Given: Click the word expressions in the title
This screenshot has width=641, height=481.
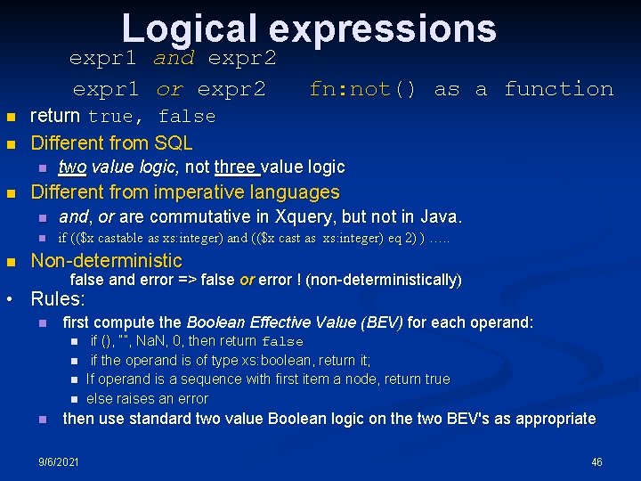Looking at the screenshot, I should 382,29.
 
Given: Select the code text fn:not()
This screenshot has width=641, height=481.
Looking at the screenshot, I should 362,89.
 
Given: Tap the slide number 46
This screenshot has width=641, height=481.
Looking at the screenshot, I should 596,462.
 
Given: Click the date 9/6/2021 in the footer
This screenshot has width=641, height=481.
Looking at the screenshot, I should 59,462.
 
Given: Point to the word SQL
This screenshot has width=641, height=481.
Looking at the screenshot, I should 174,143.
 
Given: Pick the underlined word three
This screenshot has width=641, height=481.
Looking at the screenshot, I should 236,167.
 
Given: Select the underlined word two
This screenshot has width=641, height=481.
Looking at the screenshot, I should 72,167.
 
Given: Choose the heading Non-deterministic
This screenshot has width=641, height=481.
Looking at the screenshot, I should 106,261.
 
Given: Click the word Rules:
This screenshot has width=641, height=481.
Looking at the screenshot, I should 58,299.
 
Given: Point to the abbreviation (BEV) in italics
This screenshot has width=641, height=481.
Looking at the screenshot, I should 382,322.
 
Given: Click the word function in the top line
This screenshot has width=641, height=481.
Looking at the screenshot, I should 558,89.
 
